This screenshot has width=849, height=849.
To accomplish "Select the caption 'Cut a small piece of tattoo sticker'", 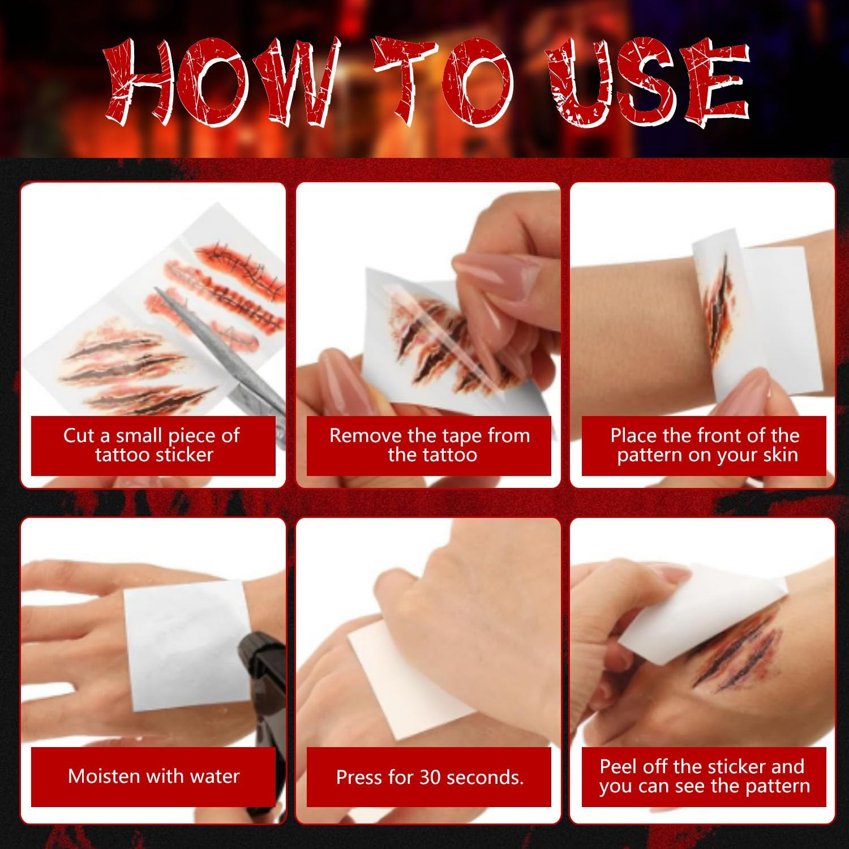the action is pyautogui.click(x=152, y=445).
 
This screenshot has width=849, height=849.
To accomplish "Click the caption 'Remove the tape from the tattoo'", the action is pyautogui.click(x=430, y=445).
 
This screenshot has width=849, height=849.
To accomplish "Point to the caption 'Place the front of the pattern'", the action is pyautogui.click(x=705, y=445).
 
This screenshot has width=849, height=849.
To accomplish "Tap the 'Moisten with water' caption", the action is pyautogui.click(x=153, y=775).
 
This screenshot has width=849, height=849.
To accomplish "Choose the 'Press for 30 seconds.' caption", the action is pyautogui.click(x=430, y=777).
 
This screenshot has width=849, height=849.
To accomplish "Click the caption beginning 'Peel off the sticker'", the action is pyautogui.click(x=704, y=776).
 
